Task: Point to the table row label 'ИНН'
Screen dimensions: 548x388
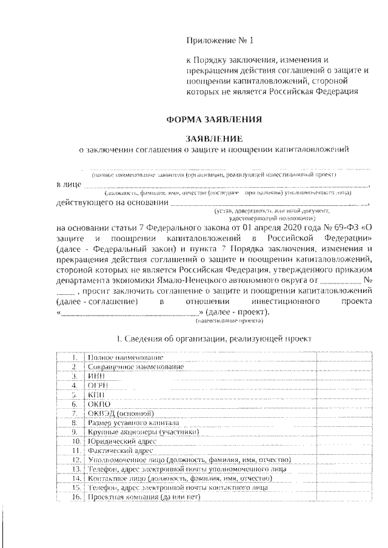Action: (96, 376)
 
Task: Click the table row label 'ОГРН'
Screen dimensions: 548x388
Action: (98, 385)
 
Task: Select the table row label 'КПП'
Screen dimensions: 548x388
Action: (96, 394)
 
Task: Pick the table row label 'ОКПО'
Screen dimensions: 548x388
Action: (99, 403)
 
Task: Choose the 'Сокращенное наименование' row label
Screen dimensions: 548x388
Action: (135, 367)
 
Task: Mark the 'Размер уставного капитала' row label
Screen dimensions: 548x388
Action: (133, 422)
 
